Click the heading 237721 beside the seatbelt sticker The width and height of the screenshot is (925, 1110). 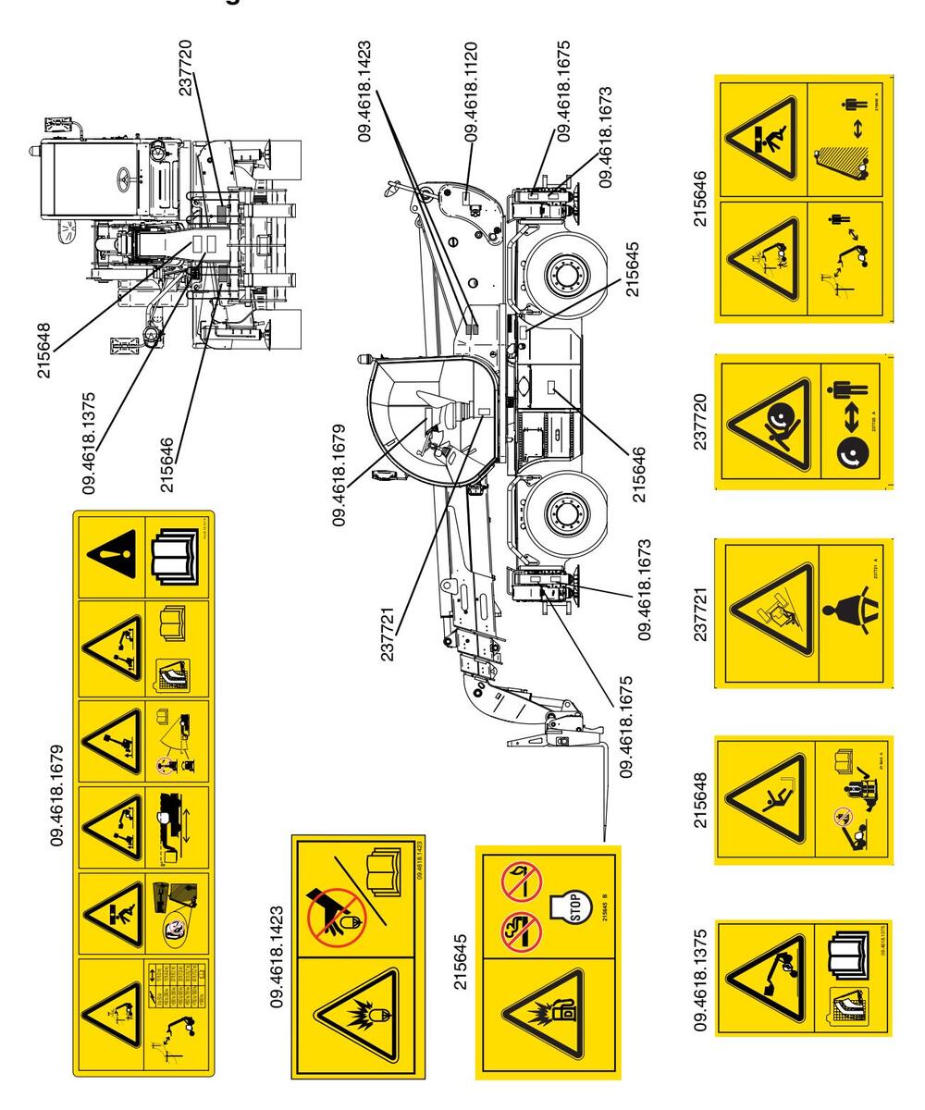click(701, 612)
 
